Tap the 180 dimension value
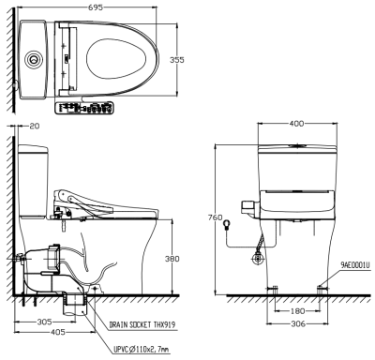click(x=295, y=311)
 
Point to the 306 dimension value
click(x=295, y=324)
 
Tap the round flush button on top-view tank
click(x=35, y=57)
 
